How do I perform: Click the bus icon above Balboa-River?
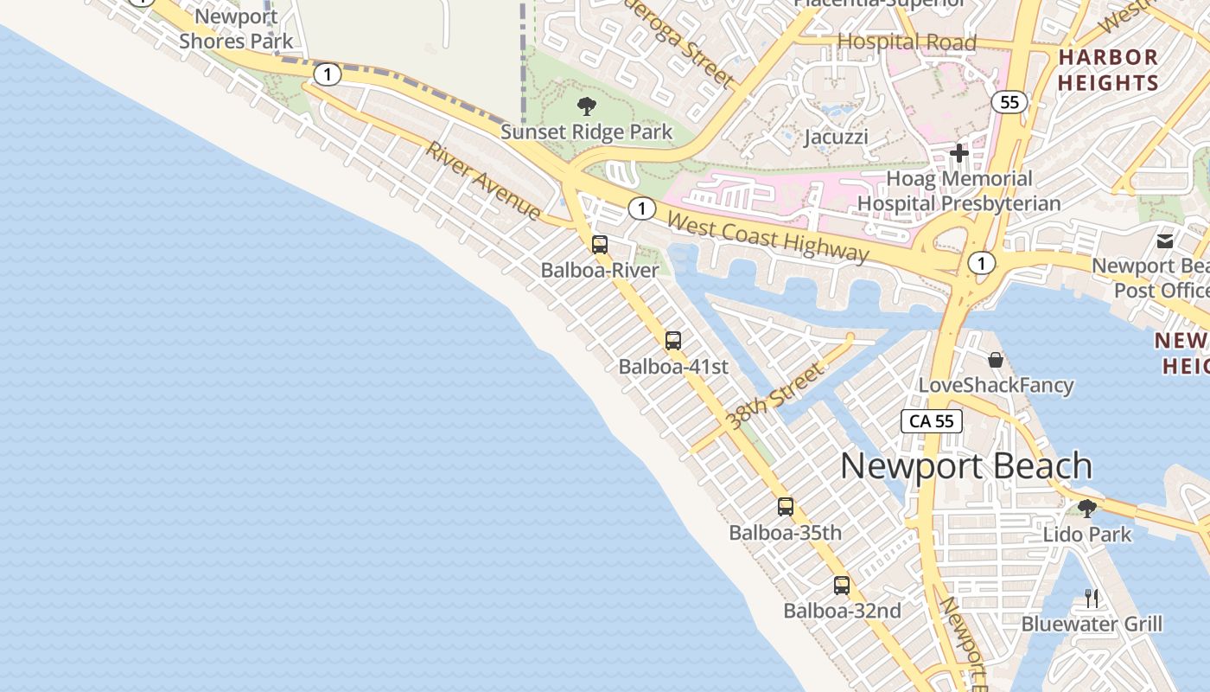point(600,245)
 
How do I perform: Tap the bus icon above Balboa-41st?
point(673,341)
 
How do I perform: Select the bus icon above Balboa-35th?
point(786,507)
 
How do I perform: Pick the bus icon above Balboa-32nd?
point(842,586)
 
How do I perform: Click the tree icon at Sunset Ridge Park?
point(587,106)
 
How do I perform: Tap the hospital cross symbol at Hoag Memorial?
point(958,154)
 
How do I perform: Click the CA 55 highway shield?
point(932,421)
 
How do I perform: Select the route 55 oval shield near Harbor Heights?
point(1009,103)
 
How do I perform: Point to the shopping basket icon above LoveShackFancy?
point(996,359)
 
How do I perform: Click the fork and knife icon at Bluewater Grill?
point(1092,598)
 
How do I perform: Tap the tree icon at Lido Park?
point(1087,508)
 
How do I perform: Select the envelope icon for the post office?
point(1165,240)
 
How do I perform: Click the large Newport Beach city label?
point(966,466)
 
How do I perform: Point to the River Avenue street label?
point(483,181)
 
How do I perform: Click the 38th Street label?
point(775,396)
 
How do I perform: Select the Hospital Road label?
point(907,42)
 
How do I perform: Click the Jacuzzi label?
point(836,137)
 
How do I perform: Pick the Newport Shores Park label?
point(236,29)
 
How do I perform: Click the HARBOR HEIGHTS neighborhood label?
point(1108,70)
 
